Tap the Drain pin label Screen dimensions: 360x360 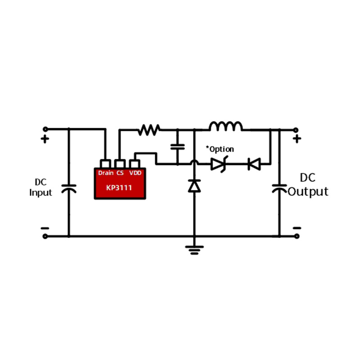tap(106, 173)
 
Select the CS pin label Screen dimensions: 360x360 tap(120, 173)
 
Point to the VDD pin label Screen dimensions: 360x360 tap(135, 173)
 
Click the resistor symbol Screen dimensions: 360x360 tap(149, 130)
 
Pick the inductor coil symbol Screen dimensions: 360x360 tap(225, 126)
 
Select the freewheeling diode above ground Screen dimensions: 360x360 tap(194, 185)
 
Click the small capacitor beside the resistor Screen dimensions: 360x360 tap(178, 146)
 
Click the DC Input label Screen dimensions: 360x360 tap(41, 188)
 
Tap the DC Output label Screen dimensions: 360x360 tap(308, 185)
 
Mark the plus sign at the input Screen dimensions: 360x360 tap(45, 139)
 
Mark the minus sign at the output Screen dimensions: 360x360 tap(297, 228)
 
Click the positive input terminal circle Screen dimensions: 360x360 tap(45, 130)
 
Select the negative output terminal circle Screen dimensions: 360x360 tap(296, 236)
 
